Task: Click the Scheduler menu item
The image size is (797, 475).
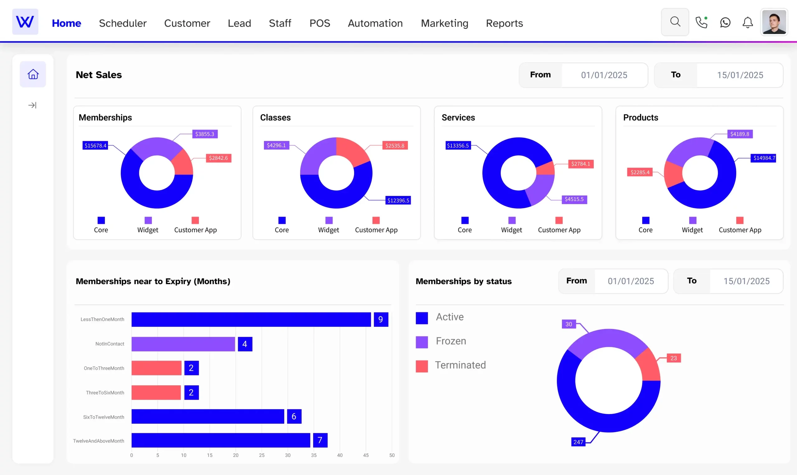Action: pyautogui.click(x=123, y=23)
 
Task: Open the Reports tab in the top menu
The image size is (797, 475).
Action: pyautogui.click(x=504, y=23)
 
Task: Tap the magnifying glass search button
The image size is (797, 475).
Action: pyautogui.click(x=675, y=22)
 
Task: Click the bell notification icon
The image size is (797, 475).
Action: pyautogui.click(x=747, y=22)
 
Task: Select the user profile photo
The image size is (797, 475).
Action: pyautogui.click(x=774, y=22)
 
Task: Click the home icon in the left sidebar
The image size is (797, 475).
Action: pyautogui.click(x=33, y=74)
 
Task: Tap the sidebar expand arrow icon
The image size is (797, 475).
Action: pyautogui.click(x=32, y=105)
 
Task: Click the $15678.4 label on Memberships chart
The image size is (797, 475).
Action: pyautogui.click(x=95, y=146)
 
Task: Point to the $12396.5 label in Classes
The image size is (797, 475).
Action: pyautogui.click(x=398, y=200)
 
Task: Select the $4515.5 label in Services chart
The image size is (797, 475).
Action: pyautogui.click(x=574, y=199)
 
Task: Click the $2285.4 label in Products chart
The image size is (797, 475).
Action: pyautogui.click(x=639, y=172)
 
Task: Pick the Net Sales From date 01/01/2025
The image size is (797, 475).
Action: pyautogui.click(x=604, y=75)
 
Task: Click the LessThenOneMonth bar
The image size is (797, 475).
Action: pyautogui.click(x=251, y=319)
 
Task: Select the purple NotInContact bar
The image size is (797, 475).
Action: pyautogui.click(x=183, y=344)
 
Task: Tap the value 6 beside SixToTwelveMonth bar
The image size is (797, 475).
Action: pyautogui.click(x=294, y=416)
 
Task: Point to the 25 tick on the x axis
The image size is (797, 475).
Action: pyautogui.click(x=262, y=455)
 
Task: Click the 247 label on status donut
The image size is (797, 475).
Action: pyautogui.click(x=578, y=442)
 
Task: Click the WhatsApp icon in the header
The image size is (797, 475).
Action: pyautogui.click(x=725, y=22)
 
